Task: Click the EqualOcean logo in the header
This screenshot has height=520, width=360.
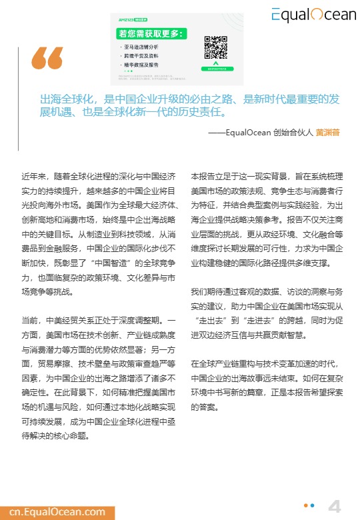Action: (x=313, y=14)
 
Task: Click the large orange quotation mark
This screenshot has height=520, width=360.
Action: (x=47, y=59)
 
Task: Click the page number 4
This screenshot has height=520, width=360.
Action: (x=335, y=506)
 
